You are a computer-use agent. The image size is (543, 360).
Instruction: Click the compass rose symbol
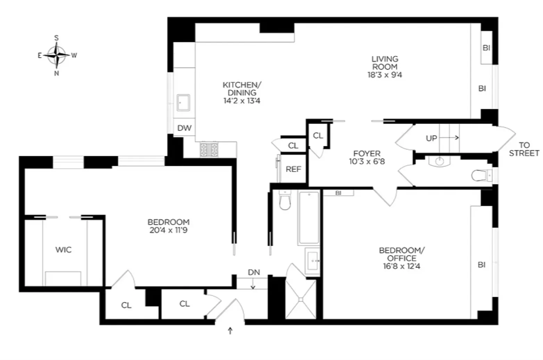coord(56,55)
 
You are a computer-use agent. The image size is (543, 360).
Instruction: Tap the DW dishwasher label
coord(184,128)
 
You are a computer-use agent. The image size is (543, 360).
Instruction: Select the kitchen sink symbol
coord(183,103)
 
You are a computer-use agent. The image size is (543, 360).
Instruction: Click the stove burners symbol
coord(209,149)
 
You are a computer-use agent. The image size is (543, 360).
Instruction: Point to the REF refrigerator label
coord(293,169)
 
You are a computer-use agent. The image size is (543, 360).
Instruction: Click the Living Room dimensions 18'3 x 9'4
coord(385,75)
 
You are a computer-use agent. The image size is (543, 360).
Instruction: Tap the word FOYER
coord(367,153)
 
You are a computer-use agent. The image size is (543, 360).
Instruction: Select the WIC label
coord(63,249)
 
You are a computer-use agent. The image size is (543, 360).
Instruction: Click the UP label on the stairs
coord(431,138)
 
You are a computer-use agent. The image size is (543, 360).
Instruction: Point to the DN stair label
coord(254,272)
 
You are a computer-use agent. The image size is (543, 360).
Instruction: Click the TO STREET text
coord(524,149)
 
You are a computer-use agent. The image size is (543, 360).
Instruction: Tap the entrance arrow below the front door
coord(230,330)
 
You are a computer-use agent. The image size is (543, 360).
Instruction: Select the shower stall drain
coord(301,299)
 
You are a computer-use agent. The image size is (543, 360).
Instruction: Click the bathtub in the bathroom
coord(309,218)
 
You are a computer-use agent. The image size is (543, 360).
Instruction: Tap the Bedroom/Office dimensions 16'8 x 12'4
coord(402,267)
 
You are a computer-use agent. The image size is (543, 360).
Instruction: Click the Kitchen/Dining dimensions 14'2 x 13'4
coord(242,101)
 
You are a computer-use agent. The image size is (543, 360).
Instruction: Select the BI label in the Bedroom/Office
coord(481,265)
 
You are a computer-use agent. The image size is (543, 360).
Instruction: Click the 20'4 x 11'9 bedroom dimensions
coord(168,230)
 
